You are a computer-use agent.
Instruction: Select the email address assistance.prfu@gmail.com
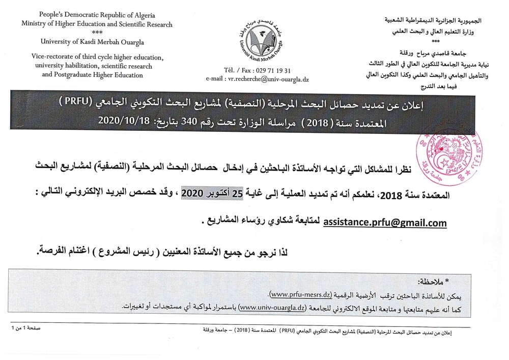point(385,222)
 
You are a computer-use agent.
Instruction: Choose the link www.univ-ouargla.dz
point(272,308)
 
